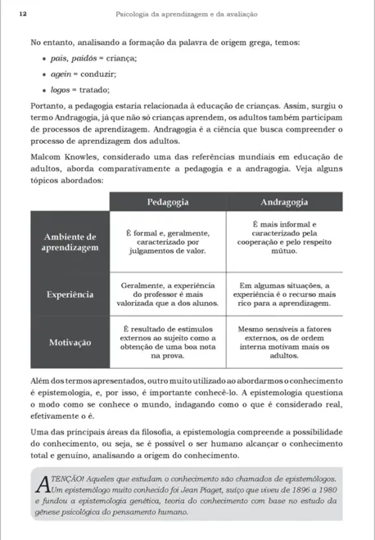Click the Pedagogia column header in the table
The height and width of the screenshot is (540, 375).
169,200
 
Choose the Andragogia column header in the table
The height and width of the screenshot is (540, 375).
283,200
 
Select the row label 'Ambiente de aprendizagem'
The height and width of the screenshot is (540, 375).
70,241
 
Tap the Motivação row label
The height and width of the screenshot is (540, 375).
70,343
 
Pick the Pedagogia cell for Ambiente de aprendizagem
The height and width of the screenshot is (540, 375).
169,242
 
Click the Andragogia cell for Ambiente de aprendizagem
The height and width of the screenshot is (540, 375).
283,241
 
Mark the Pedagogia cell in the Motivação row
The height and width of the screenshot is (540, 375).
169,343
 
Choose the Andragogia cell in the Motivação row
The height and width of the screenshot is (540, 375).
283,343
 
